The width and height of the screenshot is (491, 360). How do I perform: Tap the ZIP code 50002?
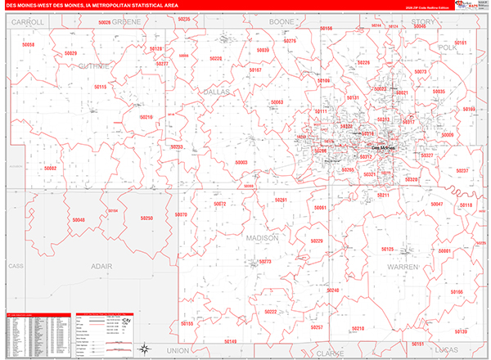(51, 168)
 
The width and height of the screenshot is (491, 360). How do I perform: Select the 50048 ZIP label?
(78, 220)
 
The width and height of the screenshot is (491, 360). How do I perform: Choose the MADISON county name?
(262, 237)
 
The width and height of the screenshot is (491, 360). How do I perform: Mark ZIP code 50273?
(264, 262)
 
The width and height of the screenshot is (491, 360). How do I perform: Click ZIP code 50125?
(387, 249)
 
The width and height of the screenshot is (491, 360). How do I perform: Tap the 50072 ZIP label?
(219, 204)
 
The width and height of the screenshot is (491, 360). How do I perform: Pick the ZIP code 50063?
(277, 102)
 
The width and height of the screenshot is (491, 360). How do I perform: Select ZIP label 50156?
(456, 292)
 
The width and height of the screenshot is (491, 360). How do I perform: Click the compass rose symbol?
(143, 348)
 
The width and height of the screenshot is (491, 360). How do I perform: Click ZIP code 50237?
(462, 170)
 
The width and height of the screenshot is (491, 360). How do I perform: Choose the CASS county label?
(14, 266)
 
